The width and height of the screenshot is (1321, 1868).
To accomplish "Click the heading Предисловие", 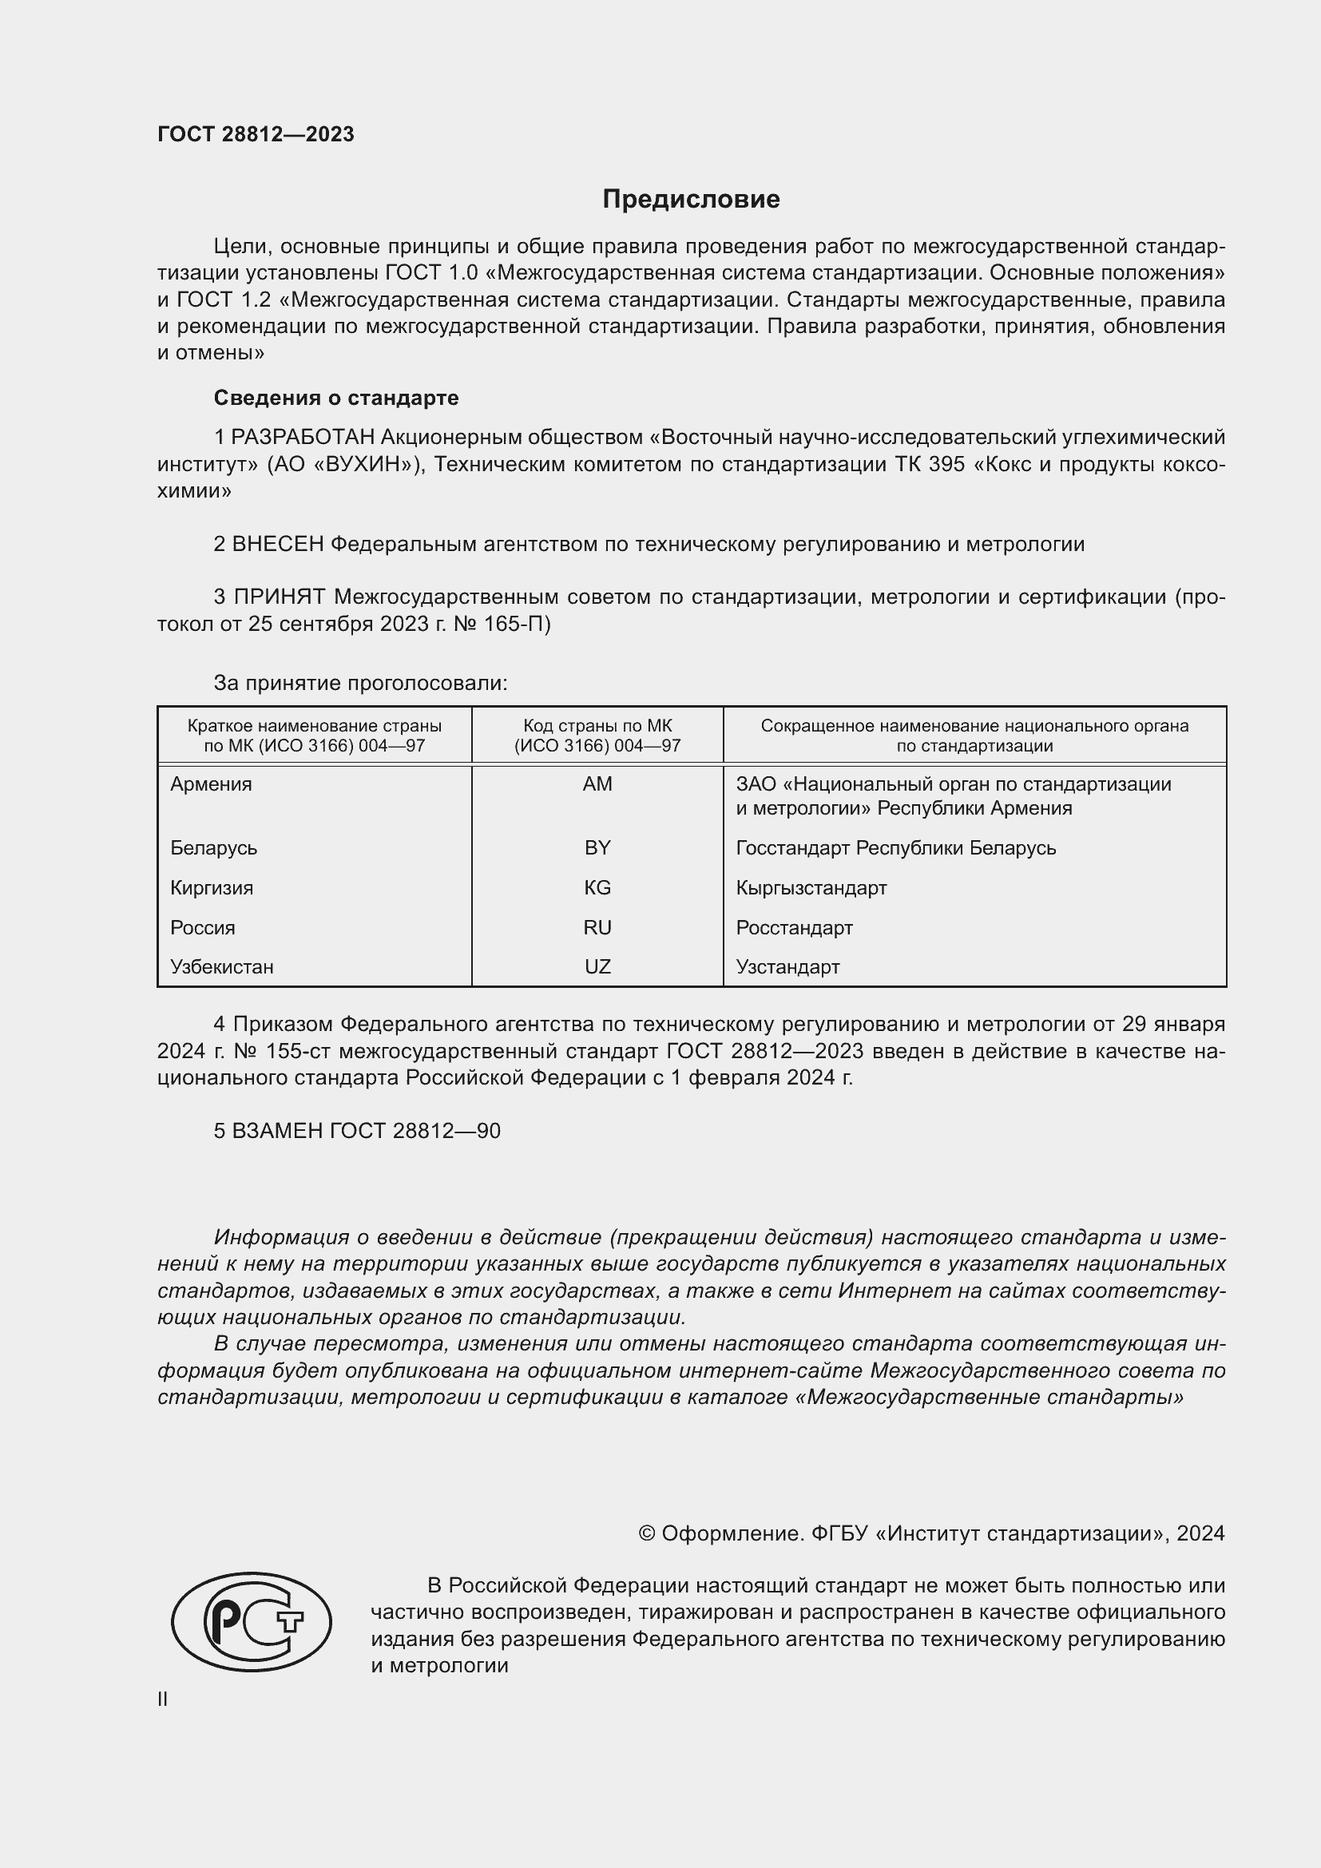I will (x=691, y=200).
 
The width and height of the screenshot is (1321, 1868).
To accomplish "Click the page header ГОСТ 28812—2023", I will (x=256, y=134).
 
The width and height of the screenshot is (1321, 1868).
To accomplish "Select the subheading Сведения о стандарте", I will (x=336, y=398).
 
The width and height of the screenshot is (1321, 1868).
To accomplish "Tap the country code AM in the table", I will (x=597, y=784).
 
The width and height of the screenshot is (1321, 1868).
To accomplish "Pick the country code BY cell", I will (x=597, y=848).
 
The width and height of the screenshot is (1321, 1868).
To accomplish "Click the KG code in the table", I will (x=597, y=887).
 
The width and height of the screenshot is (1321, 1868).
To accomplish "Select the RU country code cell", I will (x=597, y=927).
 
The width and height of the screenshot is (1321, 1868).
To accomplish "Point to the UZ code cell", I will (x=597, y=967).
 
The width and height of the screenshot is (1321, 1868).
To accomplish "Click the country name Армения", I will (x=212, y=784).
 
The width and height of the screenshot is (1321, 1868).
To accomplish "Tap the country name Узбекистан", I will (x=222, y=967).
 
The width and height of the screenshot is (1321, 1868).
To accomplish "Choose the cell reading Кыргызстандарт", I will (x=811, y=887).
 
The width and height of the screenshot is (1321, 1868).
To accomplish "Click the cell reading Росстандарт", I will (x=794, y=927).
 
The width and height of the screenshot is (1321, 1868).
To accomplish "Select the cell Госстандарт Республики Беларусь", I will (x=895, y=848).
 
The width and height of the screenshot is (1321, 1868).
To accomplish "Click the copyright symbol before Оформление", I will (x=647, y=1533).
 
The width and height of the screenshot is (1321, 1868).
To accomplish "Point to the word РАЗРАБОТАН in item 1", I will (x=303, y=438).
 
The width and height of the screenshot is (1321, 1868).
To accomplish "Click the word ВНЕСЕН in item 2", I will (x=277, y=545).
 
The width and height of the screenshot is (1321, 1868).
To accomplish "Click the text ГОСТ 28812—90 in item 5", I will (x=415, y=1131).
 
